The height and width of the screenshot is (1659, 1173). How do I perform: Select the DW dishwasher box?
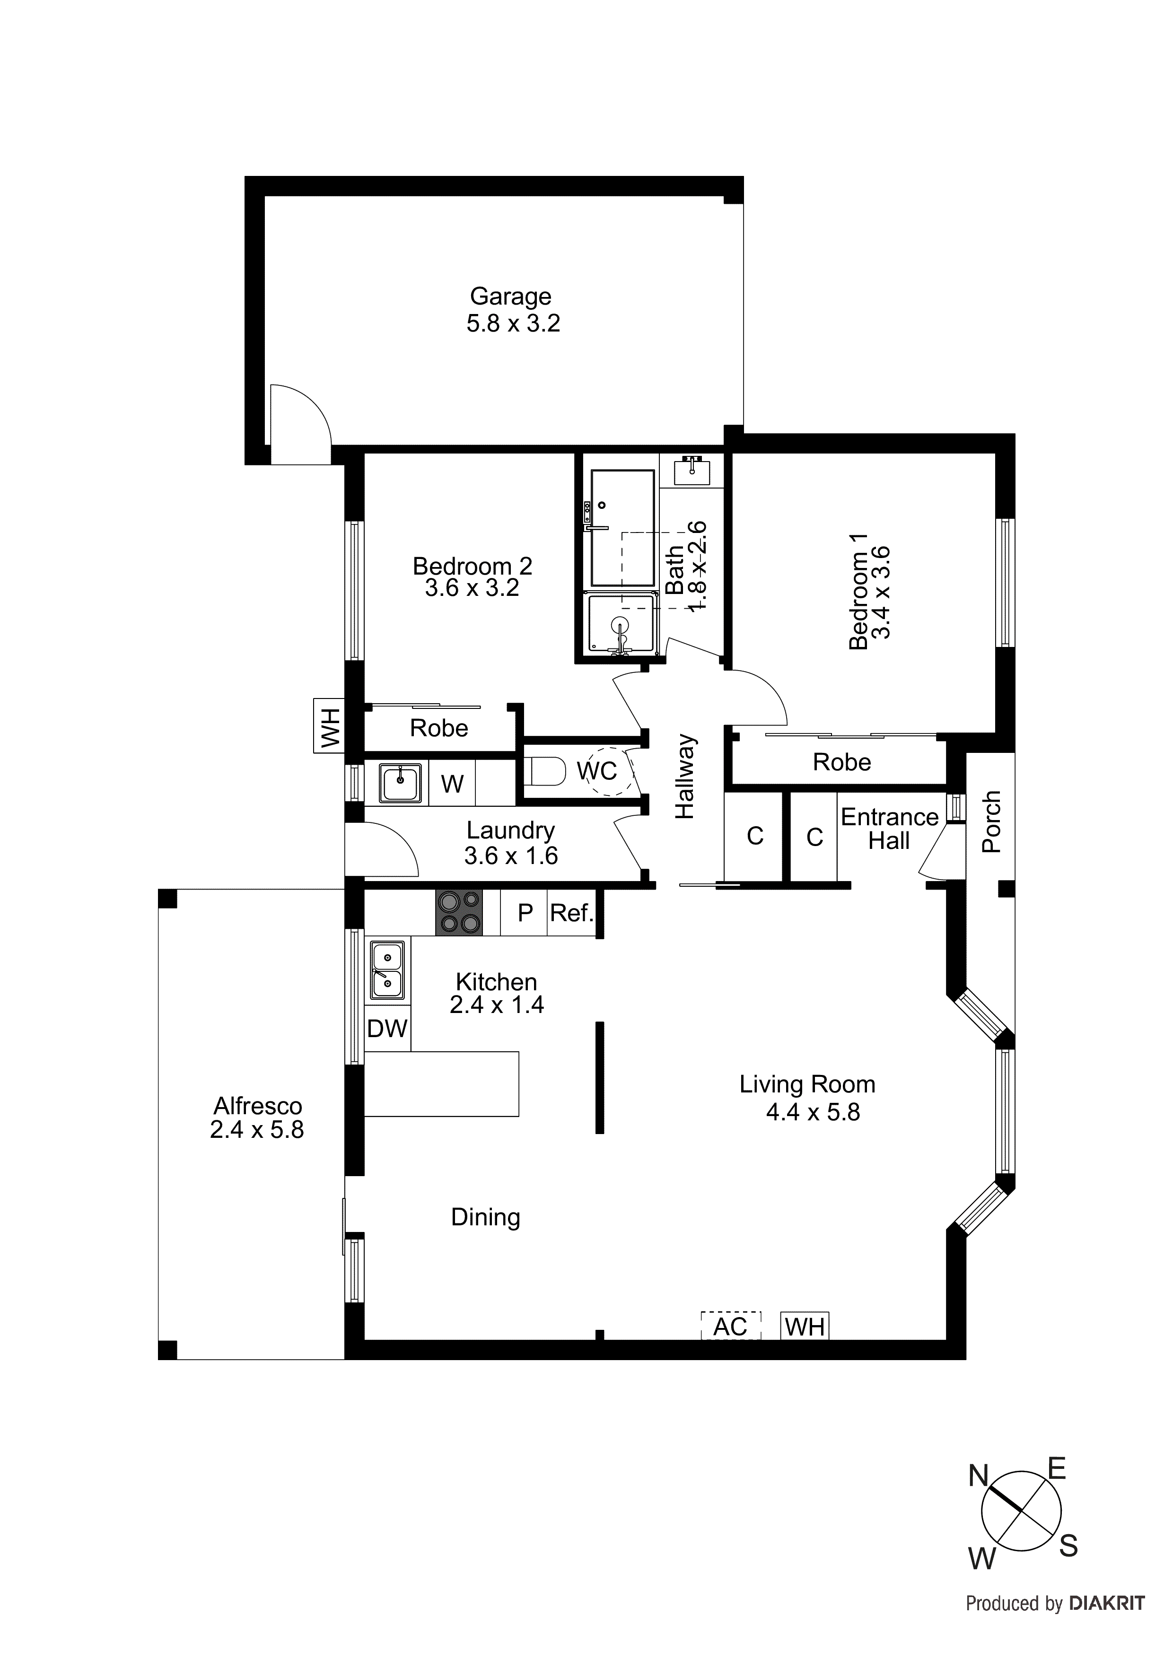pyautogui.click(x=387, y=1028)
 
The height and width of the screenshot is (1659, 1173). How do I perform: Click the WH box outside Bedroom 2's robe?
pyautogui.click(x=329, y=726)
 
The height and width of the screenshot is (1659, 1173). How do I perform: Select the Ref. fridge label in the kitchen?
pyautogui.click(x=571, y=913)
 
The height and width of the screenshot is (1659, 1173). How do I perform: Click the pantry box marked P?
pyautogui.click(x=525, y=913)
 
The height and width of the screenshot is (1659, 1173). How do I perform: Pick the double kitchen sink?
pyautogui.click(x=387, y=969)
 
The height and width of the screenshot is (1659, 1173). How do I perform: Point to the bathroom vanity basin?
pyautogui.click(x=692, y=471)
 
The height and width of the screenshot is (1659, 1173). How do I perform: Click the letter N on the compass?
pyautogui.click(x=978, y=1476)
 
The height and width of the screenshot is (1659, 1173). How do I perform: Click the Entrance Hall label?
pyautogui.click(x=889, y=829)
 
